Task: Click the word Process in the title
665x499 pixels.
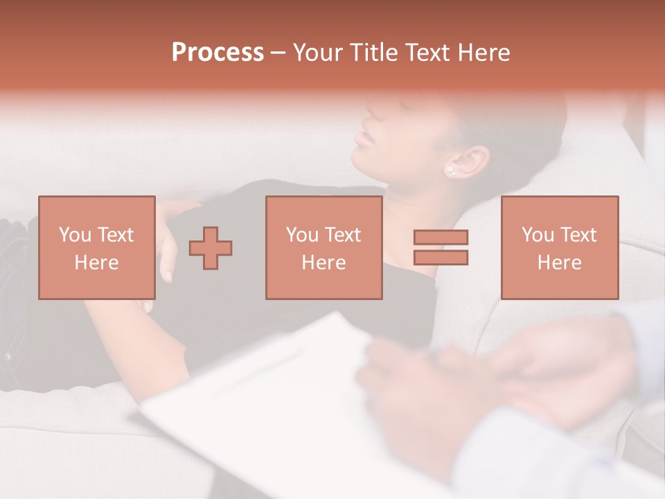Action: (218, 53)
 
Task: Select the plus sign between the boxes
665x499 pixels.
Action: (211, 247)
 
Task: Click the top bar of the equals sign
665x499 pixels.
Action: (441, 237)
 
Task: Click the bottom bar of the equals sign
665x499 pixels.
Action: (441, 258)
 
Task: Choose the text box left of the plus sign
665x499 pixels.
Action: (96, 247)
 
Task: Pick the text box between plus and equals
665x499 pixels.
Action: (323, 247)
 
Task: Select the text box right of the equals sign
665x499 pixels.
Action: (559, 247)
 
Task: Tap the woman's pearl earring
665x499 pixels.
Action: (450, 170)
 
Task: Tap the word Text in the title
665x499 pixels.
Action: (427, 53)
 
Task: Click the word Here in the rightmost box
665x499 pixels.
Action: (559, 263)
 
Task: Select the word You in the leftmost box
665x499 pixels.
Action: (74, 235)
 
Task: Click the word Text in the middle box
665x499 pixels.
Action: (343, 235)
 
